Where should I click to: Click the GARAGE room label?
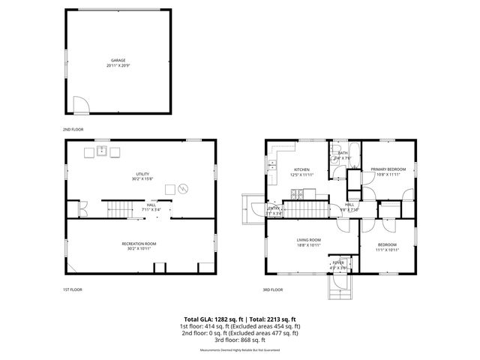pos(118,60)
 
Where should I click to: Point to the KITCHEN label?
pos(302,169)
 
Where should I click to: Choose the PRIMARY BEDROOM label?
pos(388,169)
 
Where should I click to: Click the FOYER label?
pos(338,263)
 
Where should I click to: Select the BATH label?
pos(343,153)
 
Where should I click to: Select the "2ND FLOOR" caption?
pos(73,128)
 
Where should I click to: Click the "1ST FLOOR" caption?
pos(73,289)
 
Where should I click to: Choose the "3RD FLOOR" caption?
pos(273,289)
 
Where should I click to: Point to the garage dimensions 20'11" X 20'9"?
pos(118,66)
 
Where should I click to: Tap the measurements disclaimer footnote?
pos(240,349)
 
